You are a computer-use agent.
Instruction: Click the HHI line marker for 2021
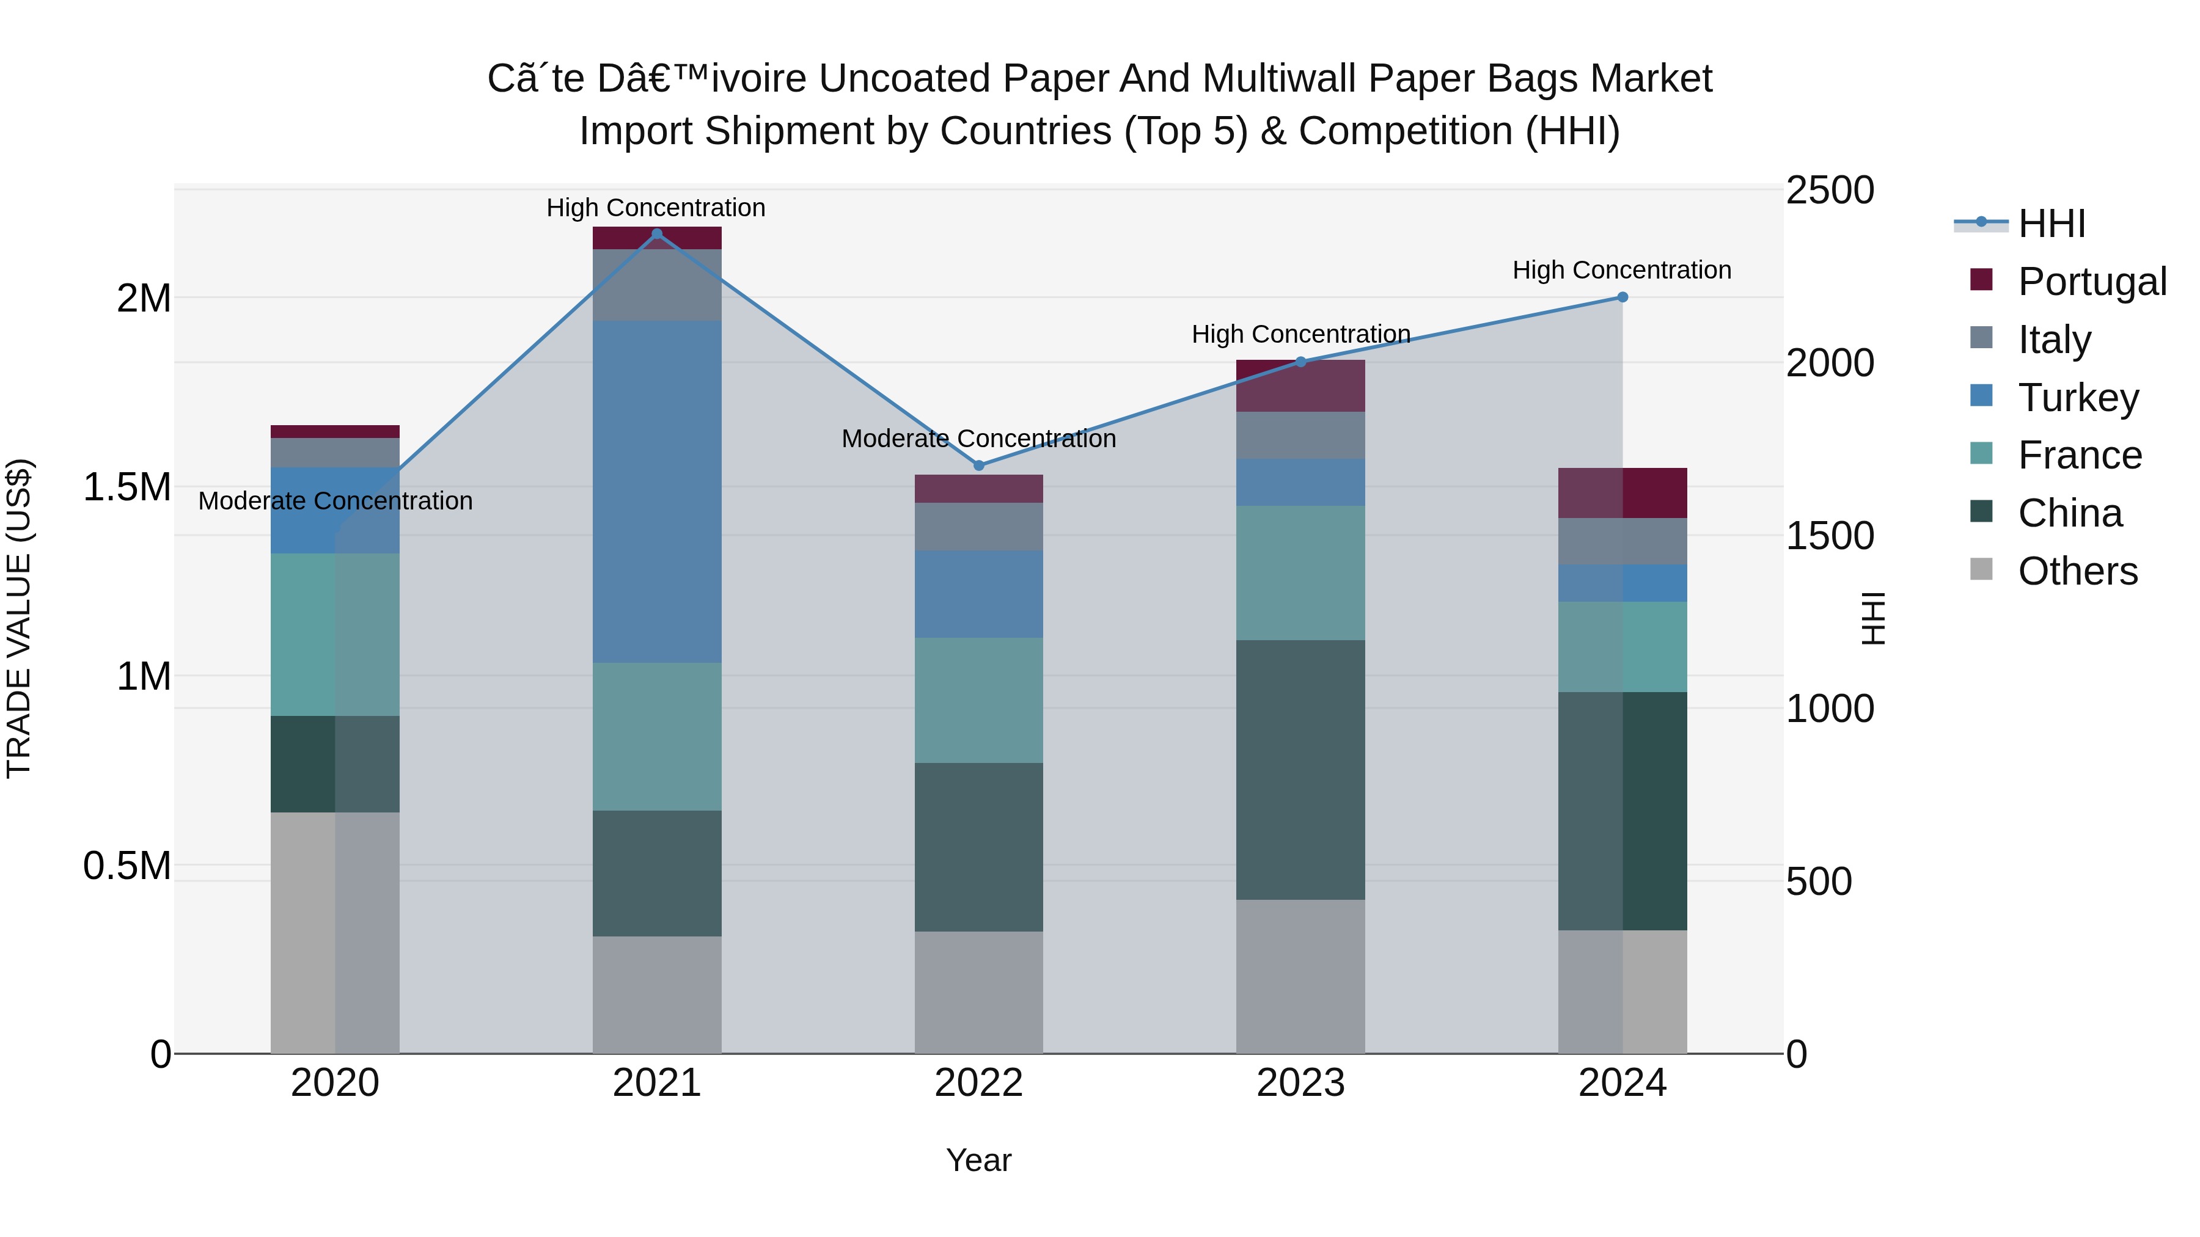657,234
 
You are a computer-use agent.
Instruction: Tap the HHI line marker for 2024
1623,297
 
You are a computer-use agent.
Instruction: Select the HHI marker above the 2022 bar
979,465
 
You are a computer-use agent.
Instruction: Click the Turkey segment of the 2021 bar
657,491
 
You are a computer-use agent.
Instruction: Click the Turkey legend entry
2078,398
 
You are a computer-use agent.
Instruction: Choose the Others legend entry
2077,571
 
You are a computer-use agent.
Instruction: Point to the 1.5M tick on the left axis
127,487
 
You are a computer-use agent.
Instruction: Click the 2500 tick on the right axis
1829,191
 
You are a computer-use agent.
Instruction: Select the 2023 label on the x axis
1300,1083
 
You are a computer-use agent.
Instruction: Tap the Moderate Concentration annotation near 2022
979,439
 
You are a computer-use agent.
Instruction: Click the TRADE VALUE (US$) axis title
19,618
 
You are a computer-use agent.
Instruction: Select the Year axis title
979,1160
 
